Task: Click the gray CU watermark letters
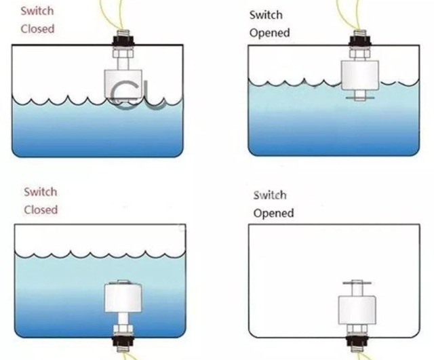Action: coord(136,95)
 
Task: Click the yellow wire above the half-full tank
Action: coord(351,14)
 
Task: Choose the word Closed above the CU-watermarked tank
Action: coord(37,29)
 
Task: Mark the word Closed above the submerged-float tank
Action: coord(41,209)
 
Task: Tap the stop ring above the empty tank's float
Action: coord(357,281)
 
